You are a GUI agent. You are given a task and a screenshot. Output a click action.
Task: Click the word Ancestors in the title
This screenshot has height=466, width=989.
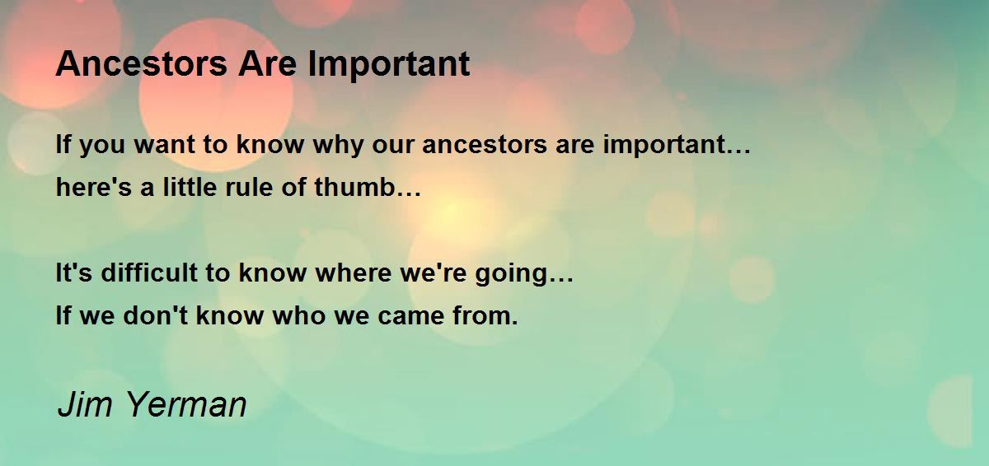click(141, 63)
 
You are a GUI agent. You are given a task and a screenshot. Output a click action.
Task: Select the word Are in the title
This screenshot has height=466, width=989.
click(268, 63)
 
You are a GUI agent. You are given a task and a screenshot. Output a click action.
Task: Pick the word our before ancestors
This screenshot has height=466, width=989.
click(392, 146)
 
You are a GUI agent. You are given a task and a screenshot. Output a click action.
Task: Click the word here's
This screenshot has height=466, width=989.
click(94, 187)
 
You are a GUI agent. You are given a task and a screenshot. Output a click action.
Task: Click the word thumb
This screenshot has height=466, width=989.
click(354, 187)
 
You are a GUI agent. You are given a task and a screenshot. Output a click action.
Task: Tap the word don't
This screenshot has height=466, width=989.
click(156, 315)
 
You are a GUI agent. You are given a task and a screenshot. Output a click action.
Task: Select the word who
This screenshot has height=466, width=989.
click(298, 315)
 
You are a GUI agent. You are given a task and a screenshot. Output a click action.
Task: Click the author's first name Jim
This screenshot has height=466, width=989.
click(85, 403)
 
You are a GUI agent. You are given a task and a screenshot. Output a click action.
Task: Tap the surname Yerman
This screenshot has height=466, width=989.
click(187, 403)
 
